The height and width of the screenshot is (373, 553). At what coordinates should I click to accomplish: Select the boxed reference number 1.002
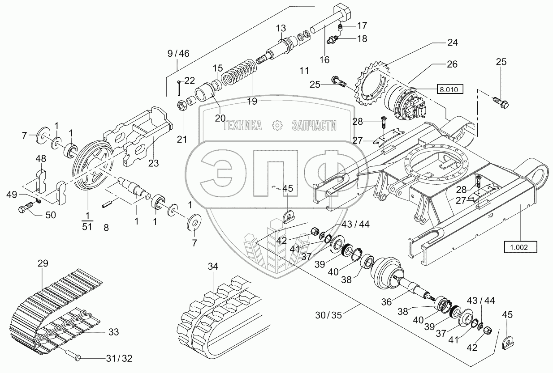point(521,247)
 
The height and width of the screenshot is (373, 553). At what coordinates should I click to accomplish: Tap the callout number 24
point(452,43)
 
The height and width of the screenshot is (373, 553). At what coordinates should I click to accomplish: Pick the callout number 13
point(281,28)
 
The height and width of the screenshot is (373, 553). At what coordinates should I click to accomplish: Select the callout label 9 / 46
point(178,54)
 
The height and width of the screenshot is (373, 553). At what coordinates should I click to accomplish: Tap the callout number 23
point(154,163)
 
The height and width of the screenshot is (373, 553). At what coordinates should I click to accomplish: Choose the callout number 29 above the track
point(43,263)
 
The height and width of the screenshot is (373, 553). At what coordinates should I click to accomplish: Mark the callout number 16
point(324,59)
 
